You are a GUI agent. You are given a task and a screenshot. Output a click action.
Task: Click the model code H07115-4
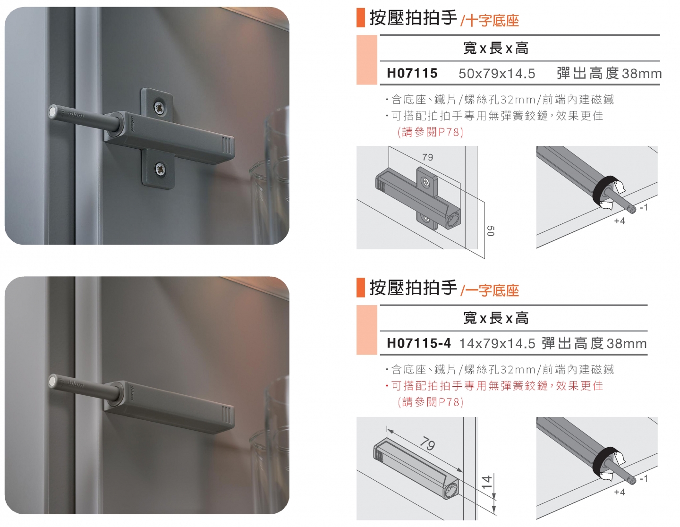click(x=418, y=343)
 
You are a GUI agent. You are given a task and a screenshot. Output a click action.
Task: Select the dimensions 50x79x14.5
click(x=497, y=74)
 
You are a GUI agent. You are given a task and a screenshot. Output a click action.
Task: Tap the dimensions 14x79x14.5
click(x=497, y=344)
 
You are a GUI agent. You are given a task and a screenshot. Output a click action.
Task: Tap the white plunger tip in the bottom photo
click(x=53, y=382)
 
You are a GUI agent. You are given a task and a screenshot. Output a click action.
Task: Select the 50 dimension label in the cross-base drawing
click(x=491, y=231)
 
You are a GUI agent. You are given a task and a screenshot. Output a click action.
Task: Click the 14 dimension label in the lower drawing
click(x=486, y=482)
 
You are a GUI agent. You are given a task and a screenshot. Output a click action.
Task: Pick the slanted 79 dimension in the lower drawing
click(x=427, y=444)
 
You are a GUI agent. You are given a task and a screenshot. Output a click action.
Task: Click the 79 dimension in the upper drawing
click(x=427, y=157)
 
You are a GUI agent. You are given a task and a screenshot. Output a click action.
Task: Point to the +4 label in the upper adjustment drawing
click(x=619, y=221)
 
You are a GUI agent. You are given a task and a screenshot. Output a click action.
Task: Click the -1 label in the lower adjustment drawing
click(x=644, y=478)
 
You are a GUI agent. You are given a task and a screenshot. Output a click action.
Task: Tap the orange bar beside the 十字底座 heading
click(x=360, y=18)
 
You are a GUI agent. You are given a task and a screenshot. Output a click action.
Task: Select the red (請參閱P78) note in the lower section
click(x=431, y=402)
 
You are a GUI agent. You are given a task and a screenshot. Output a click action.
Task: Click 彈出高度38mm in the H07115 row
click(x=609, y=74)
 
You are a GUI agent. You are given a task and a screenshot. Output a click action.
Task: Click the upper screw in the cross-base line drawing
click(x=426, y=181)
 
